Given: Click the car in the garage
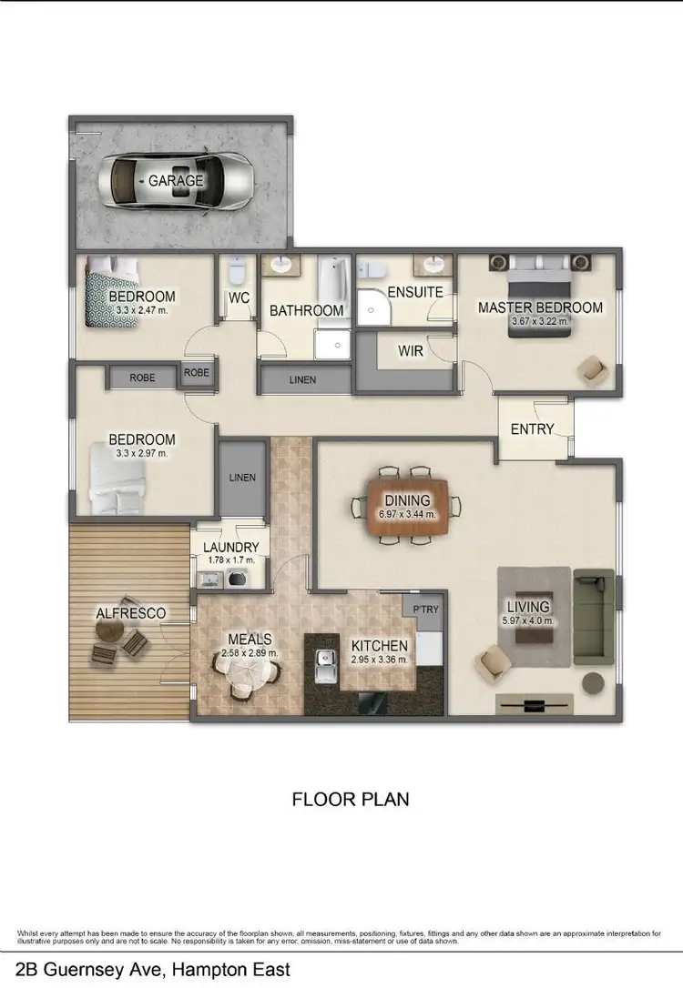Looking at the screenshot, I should pyautogui.click(x=178, y=181).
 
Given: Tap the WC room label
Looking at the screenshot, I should pyautogui.click(x=240, y=297).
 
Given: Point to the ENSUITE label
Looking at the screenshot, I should pyautogui.click(x=414, y=293).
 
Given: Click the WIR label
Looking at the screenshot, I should pyautogui.click(x=411, y=350).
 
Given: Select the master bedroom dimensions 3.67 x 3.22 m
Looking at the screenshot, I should pyautogui.click(x=540, y=321).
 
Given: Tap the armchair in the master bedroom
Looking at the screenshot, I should pyautogui.click(x=592, y=369).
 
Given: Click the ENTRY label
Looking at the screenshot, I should pyautogui.click(x=533, y=428).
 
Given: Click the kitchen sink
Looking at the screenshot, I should pyautogui.click(x=322, y=666).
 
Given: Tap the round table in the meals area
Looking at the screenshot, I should pyautogui.click(x=247, y=674).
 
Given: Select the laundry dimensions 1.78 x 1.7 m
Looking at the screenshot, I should pyautogui.click(x=231, y=560).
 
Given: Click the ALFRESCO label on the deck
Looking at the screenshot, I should pyautogui.click(x=131, y=613).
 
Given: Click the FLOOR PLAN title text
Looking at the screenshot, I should pyautogui.click(x=351, y=800).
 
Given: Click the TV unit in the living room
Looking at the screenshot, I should pyautogui.click(x=535, y=703).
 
